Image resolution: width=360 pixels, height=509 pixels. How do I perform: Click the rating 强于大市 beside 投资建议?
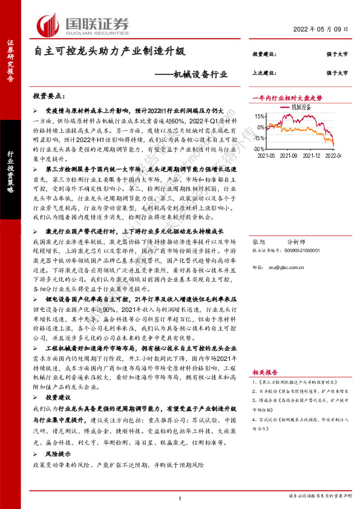336,54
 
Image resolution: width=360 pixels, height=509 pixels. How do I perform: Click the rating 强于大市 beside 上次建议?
336,73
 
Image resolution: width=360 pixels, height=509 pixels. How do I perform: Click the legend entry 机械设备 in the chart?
301,106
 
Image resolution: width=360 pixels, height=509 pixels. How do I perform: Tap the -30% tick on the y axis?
260,148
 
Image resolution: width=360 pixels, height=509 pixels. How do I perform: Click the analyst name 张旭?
258,241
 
